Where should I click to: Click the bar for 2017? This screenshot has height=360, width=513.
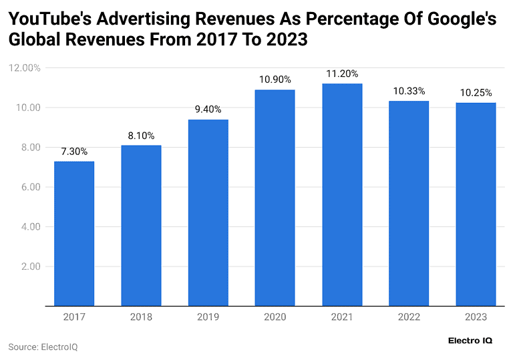click(74, 234)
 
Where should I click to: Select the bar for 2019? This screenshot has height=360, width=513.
click(208, 212)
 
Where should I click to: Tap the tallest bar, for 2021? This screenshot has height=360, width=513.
click(342, 194)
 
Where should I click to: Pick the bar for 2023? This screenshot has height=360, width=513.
click(476, 204)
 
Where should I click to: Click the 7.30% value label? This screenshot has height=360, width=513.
click(74, 152)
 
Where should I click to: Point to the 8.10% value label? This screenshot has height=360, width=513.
click(141, 136)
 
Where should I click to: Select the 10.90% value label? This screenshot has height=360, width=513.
click(275, 79)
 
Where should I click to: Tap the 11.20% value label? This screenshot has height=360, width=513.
click(342, 73)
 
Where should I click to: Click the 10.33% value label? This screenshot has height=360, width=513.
click(409, 91)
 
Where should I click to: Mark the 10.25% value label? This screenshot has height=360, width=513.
click(476, 93)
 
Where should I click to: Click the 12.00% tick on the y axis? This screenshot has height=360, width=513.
click(24, 68)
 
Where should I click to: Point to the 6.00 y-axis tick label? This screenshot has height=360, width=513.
click(30, 187)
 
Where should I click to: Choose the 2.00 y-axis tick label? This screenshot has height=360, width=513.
click(30, 266)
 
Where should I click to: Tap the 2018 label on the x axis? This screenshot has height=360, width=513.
click(141, 317)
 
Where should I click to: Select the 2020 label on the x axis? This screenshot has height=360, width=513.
click(275, 317)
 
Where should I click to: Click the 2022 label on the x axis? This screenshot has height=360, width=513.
click(409, 317)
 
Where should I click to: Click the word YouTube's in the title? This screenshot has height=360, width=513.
click(51, 19)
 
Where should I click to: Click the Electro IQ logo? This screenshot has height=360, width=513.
click(470, 340)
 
